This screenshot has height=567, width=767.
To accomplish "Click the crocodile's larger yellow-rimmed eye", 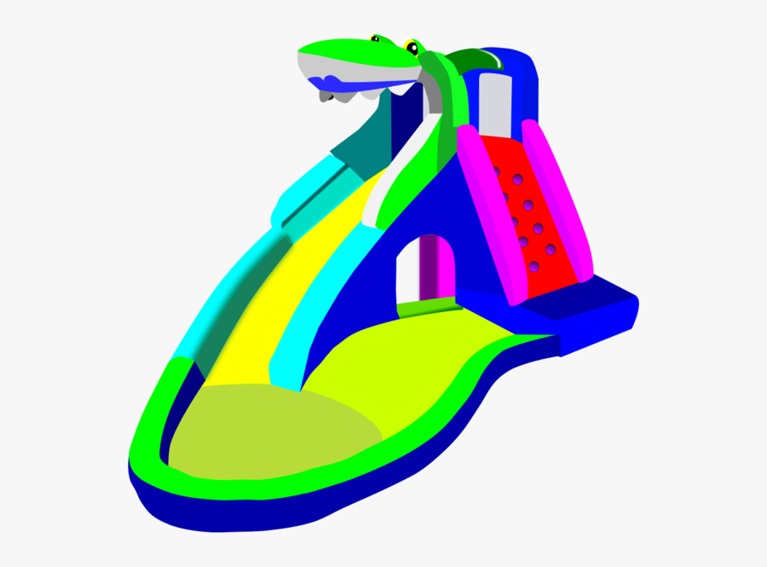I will (413, 46).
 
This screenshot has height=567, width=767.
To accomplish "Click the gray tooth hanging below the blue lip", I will (327, 96).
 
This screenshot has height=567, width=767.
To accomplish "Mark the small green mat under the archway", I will (426, 305).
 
